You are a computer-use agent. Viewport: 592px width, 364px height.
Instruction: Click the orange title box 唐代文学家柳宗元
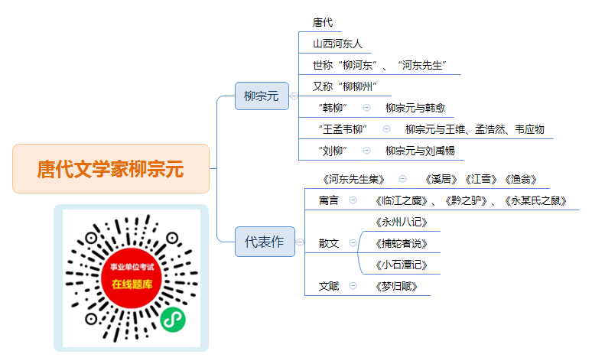111,168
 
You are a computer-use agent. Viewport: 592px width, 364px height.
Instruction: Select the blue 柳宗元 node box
262,96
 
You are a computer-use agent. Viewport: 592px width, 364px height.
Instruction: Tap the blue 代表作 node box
265,242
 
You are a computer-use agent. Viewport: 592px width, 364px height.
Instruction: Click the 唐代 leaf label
323,23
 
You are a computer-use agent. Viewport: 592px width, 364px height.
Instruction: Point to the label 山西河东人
337,44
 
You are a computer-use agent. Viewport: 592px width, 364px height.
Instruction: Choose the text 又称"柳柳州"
344,86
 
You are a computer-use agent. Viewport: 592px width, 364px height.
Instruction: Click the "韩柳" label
332,108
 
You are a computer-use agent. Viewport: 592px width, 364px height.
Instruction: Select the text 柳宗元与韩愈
415,108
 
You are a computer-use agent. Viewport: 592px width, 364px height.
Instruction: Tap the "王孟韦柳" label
343,129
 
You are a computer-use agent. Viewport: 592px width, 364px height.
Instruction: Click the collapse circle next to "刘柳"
366,151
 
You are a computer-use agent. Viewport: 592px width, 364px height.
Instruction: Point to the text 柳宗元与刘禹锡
420,151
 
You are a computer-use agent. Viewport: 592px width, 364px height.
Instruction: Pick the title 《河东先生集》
353,179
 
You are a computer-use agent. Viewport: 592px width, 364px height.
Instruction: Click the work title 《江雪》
480,179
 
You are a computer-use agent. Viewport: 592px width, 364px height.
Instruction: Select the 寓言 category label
328,200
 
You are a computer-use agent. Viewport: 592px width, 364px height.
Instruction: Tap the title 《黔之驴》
466,200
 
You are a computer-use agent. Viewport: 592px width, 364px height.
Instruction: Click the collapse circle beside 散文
353,242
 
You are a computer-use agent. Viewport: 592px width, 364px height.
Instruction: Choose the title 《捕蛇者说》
401,243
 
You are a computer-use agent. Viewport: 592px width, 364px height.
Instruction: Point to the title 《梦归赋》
396,287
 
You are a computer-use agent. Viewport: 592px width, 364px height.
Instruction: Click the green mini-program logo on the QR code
173,320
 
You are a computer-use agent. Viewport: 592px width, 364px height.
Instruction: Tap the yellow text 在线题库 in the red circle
132,284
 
